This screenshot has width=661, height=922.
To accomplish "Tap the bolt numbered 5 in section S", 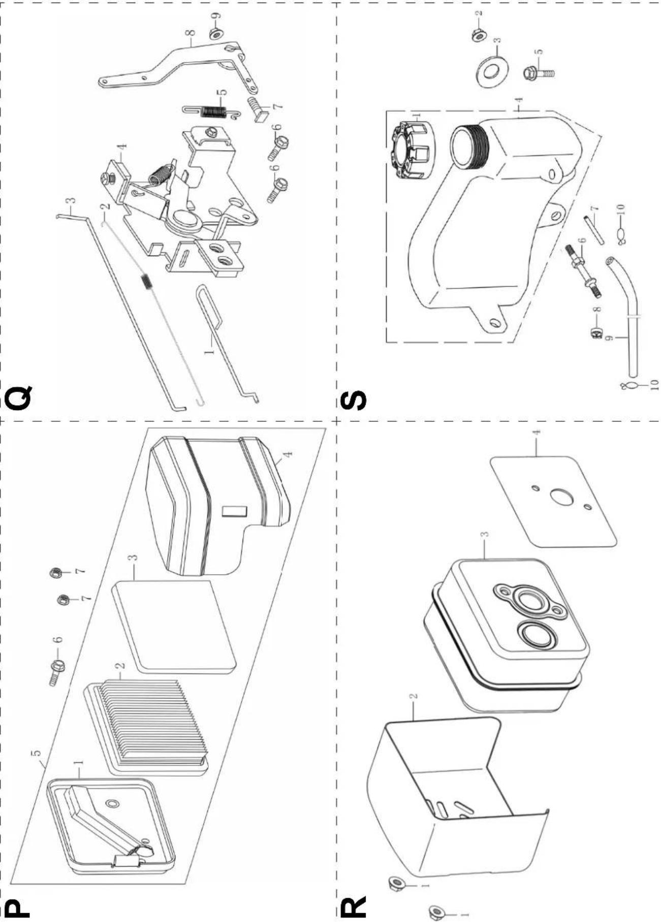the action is [x=539, y=73].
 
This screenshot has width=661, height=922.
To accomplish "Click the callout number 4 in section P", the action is [x=288, y=454].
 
